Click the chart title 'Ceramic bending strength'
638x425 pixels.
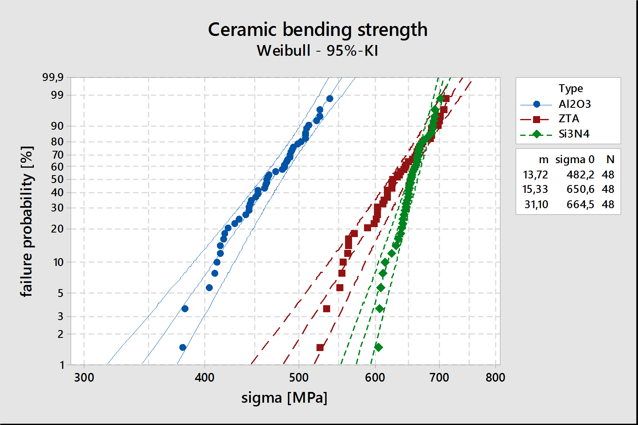(318, 30)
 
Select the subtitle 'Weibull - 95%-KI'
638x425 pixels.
(318, 51)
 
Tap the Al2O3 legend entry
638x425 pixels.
(555, 104)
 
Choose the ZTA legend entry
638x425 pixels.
(550, 119)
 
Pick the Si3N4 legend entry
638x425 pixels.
(555, 134)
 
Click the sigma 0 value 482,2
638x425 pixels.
(580, 174)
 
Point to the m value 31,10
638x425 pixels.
(536, 204)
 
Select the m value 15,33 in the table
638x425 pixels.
(535, 189)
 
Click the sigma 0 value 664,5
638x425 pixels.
(580, 204)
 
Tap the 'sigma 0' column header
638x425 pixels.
(575, 160)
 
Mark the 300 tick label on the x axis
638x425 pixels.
(84, 378)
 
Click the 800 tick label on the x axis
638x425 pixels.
(495, 378)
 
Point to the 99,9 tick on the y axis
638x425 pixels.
(53, 77)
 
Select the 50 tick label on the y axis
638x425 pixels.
(57, 180)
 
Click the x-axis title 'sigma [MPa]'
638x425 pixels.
(284, 398)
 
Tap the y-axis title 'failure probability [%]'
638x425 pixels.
(27, 221)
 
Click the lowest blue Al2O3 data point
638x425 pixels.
(183, 347)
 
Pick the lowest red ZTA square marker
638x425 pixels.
(320, 348)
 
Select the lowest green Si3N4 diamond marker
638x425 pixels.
(379, 347)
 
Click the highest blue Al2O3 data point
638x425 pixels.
(330, 99)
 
